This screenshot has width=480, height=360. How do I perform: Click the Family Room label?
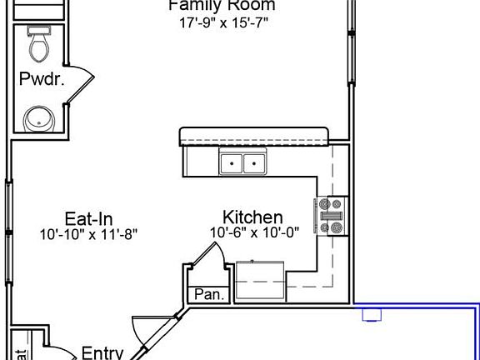[222, 6]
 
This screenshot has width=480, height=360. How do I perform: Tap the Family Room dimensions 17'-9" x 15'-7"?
[224, 23]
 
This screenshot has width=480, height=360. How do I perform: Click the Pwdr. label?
[37, 80]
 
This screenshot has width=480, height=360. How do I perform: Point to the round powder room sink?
[37, 118]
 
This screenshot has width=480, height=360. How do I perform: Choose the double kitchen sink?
[242, 163]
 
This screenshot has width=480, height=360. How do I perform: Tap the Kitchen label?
[252, 217]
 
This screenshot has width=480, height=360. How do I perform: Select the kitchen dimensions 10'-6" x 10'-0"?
[254, 232]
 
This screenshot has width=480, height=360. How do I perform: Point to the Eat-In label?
[88, 218]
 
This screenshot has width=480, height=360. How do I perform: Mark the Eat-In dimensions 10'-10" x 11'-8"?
[88, 234]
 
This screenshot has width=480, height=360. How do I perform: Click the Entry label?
[102, 352]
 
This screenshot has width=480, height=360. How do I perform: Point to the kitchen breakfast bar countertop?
[255, 135]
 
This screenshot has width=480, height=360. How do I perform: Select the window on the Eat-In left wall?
[9, 208]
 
